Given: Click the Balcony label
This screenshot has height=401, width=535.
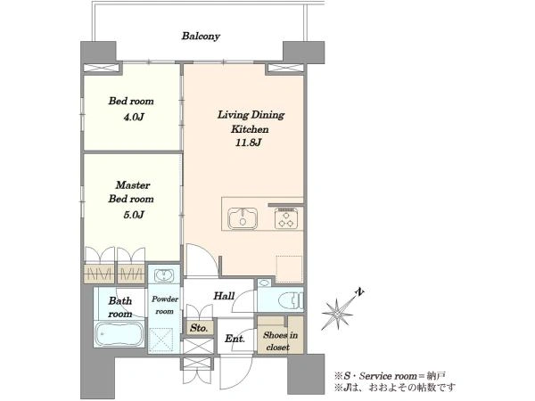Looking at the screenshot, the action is (201, 37).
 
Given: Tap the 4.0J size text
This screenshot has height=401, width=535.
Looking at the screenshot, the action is (134, 118).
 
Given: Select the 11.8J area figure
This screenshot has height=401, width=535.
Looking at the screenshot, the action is (248, 143).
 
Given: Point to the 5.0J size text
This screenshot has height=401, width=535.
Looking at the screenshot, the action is (134, 215).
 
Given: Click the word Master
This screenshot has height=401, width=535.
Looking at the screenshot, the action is (133, 185).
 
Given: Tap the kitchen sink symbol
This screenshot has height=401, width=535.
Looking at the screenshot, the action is (243, 218).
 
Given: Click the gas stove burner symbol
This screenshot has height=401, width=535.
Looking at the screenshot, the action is (286, 218).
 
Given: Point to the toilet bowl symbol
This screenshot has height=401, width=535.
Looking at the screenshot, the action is (291, 301).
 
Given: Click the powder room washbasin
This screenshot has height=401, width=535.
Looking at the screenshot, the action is (164, 274).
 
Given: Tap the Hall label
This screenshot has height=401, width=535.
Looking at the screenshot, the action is (224, 296).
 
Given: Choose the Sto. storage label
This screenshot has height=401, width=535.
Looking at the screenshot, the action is (199, 328).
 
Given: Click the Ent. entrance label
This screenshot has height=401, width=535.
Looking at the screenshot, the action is (235, 339).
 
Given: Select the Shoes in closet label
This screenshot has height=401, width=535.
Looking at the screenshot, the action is (280, 341).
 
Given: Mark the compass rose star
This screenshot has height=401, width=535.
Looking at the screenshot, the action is (337, 313).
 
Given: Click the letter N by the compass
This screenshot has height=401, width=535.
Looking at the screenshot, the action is (359, 292).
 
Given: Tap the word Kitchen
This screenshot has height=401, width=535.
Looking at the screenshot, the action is (250, 129).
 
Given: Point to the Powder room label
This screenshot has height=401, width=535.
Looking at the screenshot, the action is (165, 305).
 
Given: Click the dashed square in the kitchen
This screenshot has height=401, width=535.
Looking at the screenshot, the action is (289, 269).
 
